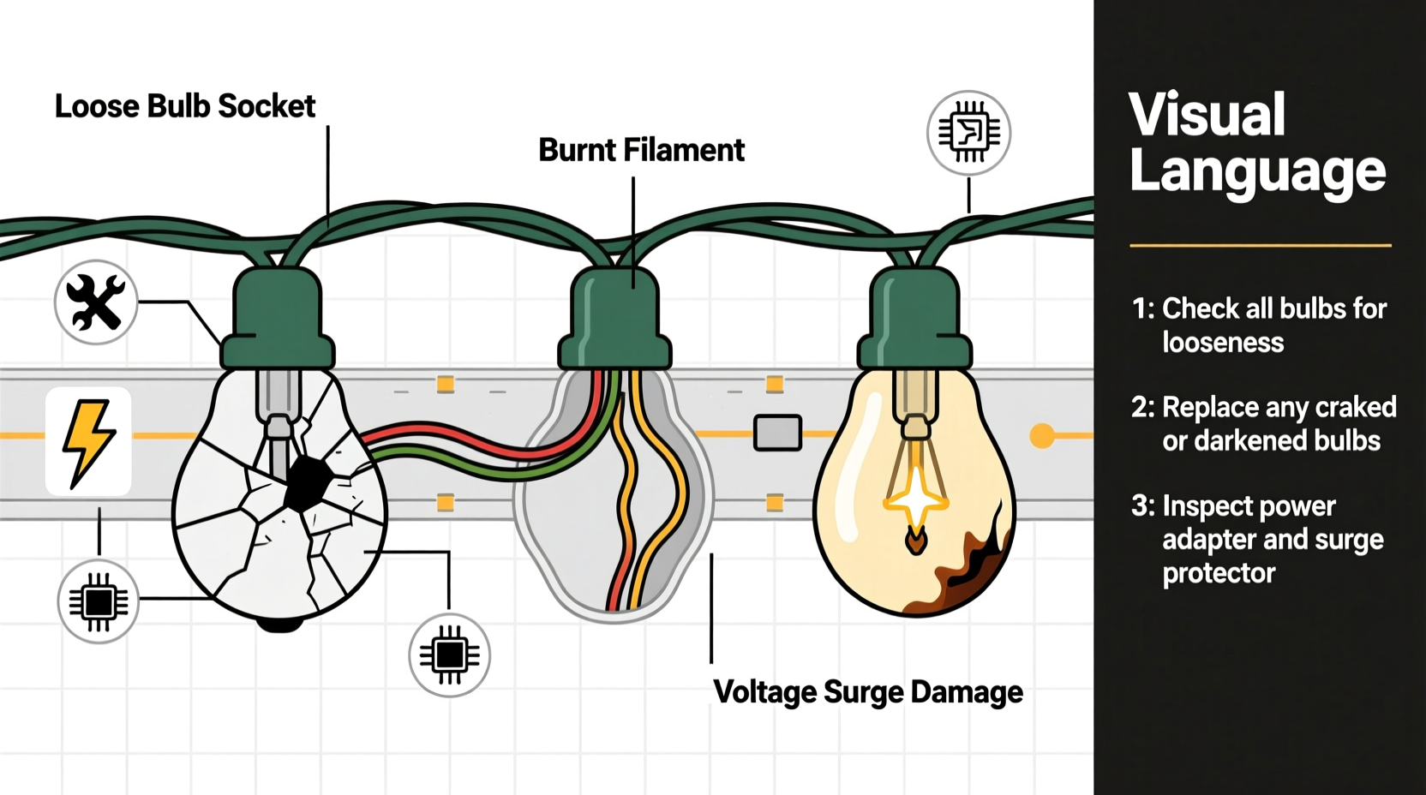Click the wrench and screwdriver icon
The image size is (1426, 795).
[96, 302]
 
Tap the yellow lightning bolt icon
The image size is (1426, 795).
[88, 442]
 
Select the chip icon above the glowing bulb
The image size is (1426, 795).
[968, 133]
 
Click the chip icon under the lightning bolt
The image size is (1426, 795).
[99, 602]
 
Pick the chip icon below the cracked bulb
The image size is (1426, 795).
[449, 655]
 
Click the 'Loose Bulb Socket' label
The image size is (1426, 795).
[185, 106]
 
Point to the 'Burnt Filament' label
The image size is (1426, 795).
[641, 150]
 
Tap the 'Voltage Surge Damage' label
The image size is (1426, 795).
[867, 691]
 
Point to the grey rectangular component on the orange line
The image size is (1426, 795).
[777, 433]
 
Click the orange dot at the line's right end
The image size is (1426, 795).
[1042, 435]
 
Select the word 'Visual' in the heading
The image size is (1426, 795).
[1207, 115]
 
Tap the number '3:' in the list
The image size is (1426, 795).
[1143, 505]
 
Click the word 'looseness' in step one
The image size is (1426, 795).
[1223, 343]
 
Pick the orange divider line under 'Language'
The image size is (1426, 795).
[1260, 246]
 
